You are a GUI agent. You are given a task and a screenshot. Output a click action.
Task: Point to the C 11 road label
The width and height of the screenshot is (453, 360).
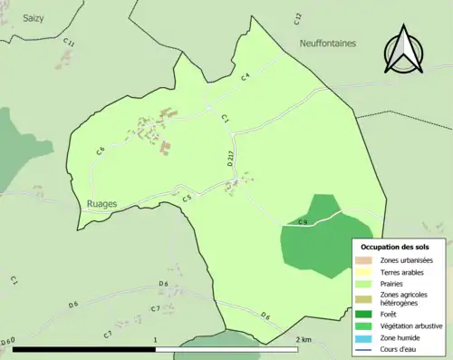click(x=70, y=43)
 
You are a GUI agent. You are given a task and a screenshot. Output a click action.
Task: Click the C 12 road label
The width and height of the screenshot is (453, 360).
click(x=298, y=16)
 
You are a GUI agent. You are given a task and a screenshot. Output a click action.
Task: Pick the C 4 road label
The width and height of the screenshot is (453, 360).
click(x=245, y=79)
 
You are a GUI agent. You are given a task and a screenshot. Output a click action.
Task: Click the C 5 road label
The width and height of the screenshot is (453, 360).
click(x=186, y=198)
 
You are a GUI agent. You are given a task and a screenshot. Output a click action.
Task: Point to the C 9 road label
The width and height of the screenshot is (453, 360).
click(x=303, y=222)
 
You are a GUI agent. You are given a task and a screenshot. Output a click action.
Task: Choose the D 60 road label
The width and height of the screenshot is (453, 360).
click(x=8, y=342)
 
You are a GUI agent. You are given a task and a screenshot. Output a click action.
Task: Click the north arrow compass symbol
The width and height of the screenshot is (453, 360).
click(x=405, y=49)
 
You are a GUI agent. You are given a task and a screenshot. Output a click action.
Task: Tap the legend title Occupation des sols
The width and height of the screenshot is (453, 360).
click(x=395, y=247)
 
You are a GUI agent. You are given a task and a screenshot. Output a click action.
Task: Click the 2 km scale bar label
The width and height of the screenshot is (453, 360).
click(x=304, y=339)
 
